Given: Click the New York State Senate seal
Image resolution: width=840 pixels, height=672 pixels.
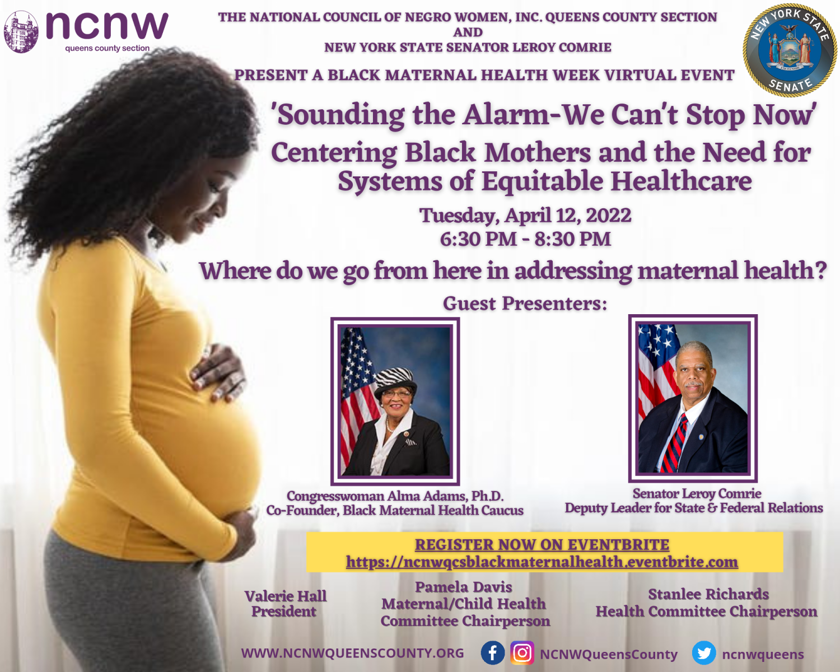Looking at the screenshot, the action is coord(790,50).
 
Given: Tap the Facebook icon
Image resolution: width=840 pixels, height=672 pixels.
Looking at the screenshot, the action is coord(493,653).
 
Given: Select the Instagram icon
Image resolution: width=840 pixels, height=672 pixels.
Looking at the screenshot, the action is coord(522,653).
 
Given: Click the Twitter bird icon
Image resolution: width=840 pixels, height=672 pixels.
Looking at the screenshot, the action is coord(704,653).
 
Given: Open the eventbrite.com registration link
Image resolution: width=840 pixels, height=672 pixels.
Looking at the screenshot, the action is coord(542,562).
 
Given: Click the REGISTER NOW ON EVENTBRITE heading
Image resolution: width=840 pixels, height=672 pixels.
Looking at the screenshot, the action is coord(542,544).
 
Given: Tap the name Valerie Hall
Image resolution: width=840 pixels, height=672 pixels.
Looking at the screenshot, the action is coord(286,596).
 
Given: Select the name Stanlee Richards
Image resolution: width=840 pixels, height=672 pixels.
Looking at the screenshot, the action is coord(708,594).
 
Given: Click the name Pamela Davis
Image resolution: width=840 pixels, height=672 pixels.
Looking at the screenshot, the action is coord(463,587).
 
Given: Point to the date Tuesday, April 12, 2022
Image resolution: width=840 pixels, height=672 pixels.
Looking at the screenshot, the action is coord(525,216).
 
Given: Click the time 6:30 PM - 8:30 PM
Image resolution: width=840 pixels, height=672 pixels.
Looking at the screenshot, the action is coord(525,239).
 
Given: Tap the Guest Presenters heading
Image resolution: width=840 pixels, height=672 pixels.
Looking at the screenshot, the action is coord(525,304).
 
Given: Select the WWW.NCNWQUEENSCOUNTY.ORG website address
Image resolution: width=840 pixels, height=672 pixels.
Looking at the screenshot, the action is coord(352,654).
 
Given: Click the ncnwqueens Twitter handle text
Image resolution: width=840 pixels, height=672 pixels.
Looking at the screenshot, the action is coord(763,654).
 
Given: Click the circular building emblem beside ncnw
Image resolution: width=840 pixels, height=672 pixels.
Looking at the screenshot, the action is coord(21,31).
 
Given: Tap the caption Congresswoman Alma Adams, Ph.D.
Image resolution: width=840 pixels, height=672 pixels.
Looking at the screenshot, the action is coord(395,496).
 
